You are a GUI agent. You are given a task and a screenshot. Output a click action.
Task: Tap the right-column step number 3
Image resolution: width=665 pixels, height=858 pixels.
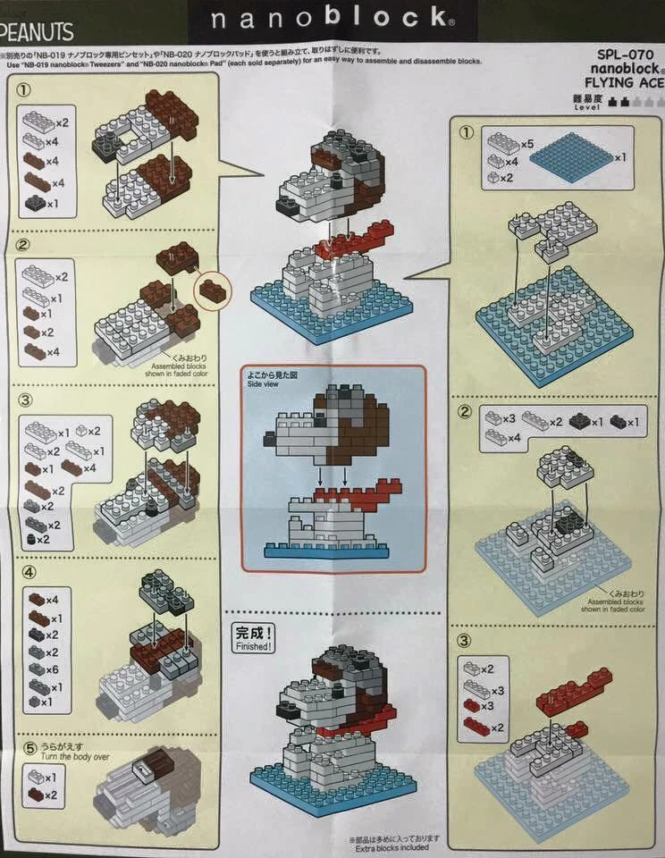[x=464, y=640]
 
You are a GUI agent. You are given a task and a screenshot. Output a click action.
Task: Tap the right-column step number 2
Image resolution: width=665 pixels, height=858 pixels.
[x=464, y=412]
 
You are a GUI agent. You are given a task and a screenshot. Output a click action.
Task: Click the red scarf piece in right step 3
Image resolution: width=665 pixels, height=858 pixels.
[x=572, y=693]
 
